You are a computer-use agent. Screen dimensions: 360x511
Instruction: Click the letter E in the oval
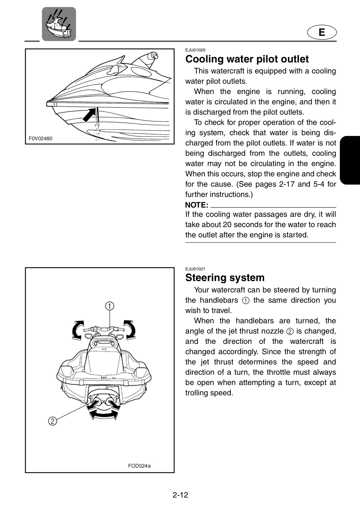click(x=322, y=32)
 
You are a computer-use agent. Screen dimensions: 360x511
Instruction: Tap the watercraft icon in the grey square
click(x=59, y=24)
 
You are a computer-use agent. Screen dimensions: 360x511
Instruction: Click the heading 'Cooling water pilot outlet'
click(x=247, y=59)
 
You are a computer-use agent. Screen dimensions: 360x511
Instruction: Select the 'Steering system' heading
click(x=225, y=278)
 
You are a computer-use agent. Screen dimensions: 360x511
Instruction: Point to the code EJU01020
click(x=195, y=50)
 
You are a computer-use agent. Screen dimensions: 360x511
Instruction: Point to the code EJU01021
click(x=195, y=269)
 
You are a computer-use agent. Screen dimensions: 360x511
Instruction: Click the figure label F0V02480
click(x=40, y=138)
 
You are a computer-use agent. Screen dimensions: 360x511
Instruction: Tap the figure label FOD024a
click(x=139, y=466)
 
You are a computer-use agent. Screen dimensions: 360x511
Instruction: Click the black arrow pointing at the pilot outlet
click(x=89, y=115)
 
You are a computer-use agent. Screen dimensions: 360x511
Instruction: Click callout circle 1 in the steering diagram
click(x=110, y=306)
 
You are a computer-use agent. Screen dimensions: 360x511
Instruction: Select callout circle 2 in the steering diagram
click(x=53, y=421)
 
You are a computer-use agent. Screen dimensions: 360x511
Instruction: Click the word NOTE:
click(x=197, y=205)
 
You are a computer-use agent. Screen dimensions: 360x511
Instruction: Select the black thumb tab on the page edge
click(x=350, y=160)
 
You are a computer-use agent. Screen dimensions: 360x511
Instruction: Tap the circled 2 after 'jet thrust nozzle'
click(x=290, y=331)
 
